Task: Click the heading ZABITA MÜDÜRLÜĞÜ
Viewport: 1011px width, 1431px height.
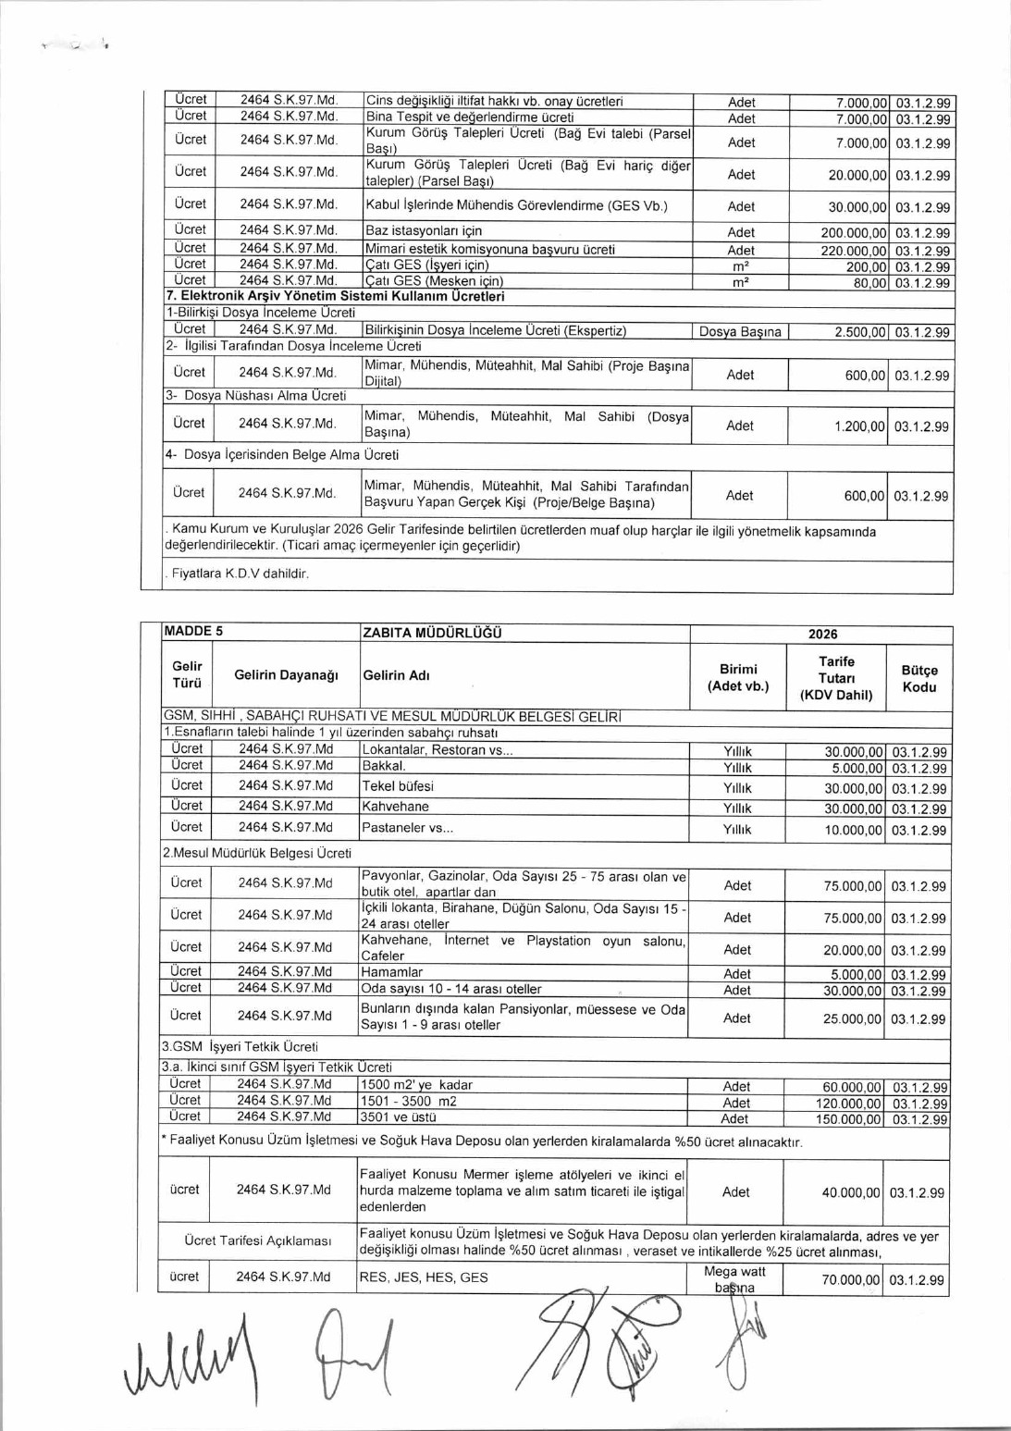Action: point(432,633)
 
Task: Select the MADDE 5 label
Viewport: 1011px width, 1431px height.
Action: point(193,632)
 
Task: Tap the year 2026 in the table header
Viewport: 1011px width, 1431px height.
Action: point(821,634)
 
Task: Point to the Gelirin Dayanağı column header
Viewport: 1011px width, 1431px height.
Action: point(286,675)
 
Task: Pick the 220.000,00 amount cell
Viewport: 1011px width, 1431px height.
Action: point(854,251)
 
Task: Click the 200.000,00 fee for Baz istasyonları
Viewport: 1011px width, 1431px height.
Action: point(854,233)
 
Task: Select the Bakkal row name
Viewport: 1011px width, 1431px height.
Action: point(384,766)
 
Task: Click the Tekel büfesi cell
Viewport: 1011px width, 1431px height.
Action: point(398,786)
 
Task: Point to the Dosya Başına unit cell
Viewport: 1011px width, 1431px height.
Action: point(740,331)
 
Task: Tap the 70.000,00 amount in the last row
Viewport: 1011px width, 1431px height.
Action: point(851,1280)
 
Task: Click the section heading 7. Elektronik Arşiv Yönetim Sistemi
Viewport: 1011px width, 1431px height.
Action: point(335,297)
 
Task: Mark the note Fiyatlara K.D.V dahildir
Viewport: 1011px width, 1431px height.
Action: point(239,574)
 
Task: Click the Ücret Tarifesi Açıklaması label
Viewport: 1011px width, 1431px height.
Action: point(257,1240)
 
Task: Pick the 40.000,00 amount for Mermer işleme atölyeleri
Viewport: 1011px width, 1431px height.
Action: point(851,1193)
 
